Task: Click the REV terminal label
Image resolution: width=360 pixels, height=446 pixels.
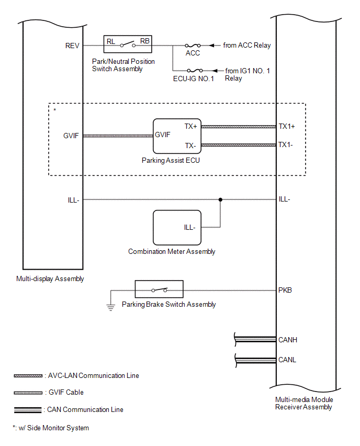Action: [72, 46]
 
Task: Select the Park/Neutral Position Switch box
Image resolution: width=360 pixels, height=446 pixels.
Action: [128, 45]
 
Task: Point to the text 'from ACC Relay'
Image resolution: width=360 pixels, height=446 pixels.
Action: [247, 46]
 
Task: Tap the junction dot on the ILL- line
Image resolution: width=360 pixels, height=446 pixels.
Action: [220, 199]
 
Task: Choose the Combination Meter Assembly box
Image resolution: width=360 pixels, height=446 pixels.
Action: [176, 227]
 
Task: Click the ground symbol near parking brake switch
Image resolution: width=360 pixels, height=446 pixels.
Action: [110, 307]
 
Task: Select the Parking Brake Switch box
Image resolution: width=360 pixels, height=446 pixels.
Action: [159, 289]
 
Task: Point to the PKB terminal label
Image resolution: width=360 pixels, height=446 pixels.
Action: [285, 290]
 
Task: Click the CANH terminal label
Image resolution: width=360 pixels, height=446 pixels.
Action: [288, 340]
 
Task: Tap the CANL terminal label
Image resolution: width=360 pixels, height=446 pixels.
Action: [288, 360]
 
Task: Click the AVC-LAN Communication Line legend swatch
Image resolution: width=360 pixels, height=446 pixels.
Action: [28, 376]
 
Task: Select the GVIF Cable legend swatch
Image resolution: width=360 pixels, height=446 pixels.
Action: [28, 392]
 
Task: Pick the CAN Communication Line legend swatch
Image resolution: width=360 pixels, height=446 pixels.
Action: [28, 410]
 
